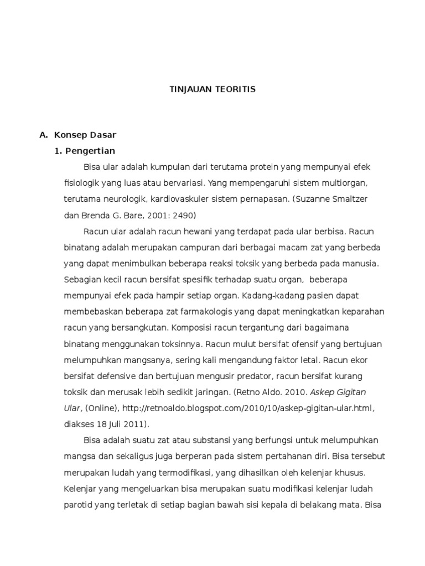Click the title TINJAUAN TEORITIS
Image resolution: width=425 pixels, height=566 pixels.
pyautogui.click(x=212, y=89)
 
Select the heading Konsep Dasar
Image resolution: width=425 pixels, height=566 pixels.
pyautogui.click(x=85, y=135)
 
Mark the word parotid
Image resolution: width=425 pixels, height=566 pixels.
pyautogui.click(x=78, y=505)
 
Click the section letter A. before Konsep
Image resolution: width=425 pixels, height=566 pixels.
pyautogui.click(x=44, y=135)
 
